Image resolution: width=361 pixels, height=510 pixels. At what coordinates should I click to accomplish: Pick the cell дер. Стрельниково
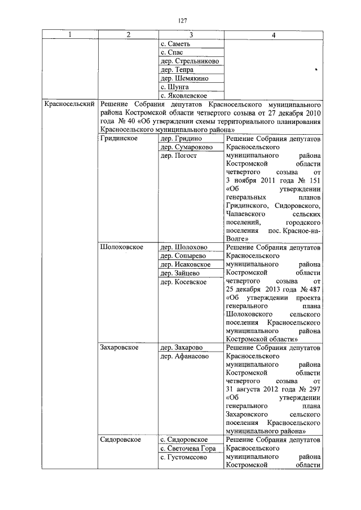(190, 61)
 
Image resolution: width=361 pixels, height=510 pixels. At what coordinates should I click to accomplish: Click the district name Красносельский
(70, 104)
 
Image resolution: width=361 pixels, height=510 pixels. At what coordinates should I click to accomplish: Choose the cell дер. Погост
(179, 156)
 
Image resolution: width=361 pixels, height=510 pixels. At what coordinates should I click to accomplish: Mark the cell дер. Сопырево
(183, 256)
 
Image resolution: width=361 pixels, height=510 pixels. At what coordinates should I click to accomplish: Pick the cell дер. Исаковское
(186, 264)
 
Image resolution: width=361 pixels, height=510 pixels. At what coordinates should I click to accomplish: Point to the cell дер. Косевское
(183, 281)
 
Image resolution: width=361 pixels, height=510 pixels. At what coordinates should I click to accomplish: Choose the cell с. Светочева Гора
(188, 448)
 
